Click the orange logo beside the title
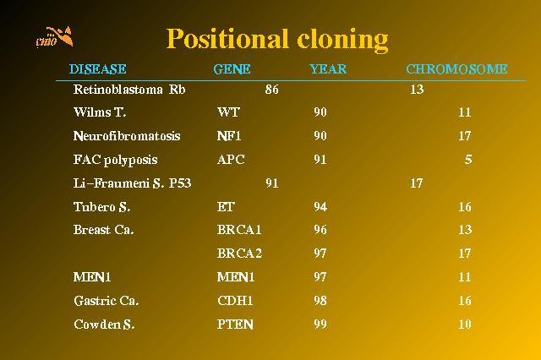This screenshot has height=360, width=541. pos(54,36)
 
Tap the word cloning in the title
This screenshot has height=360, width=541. pos(342,41)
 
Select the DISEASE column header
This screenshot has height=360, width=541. pos(98,69)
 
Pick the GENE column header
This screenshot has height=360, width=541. pos(232,69)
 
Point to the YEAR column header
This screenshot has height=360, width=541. pos(328,69)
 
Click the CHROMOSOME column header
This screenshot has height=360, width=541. pos(456,69)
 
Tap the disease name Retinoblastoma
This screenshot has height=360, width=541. pos(118,90)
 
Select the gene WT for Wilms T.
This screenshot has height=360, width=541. pos(228,112)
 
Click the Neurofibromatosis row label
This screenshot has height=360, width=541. pos(127,135)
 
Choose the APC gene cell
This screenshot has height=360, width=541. pos(231,160)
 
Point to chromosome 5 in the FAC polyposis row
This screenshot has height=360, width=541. pos(468,160)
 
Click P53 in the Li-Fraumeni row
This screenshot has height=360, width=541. pos(180,183)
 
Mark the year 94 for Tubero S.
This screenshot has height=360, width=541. pos(320,207)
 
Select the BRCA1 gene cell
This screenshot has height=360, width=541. pos(239,230)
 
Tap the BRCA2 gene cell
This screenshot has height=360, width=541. pos(239,254)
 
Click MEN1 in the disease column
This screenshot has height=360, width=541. pos(92,277)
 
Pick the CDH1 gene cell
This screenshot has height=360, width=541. pos(235,301)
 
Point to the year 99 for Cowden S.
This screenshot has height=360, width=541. pos(320,325)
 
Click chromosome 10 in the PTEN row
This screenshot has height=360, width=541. pos(465,325)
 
